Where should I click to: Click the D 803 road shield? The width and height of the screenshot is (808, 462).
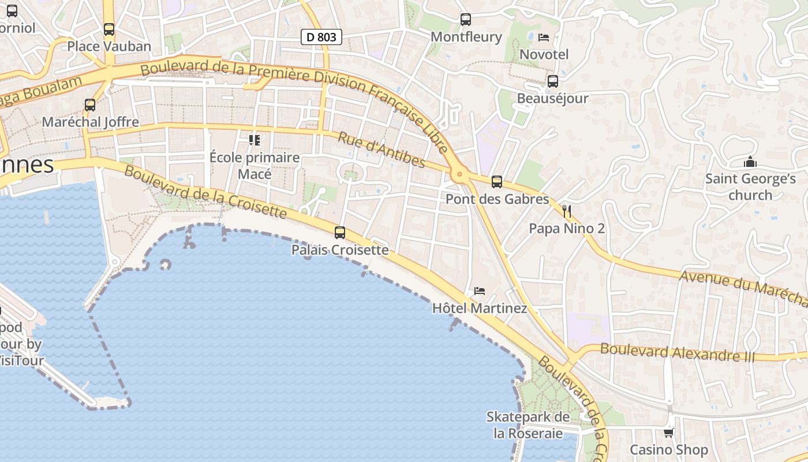321,38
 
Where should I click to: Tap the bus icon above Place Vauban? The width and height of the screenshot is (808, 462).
109,29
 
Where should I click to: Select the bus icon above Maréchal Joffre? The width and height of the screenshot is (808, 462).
90,105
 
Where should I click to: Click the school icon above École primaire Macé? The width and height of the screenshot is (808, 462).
254,140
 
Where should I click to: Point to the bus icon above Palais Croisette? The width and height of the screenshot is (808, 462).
340,233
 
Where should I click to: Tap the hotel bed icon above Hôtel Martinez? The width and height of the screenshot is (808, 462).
479,290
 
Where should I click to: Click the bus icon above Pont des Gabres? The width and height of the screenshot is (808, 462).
497,182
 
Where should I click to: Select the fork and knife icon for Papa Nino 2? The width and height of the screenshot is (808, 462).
567,211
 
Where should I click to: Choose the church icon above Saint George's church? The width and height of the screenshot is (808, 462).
750,162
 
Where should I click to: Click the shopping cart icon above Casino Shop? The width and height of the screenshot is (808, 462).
668,432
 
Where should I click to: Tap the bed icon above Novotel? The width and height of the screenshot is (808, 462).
544,38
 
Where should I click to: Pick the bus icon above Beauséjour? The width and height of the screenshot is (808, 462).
553,81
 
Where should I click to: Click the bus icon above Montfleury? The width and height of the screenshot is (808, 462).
466,20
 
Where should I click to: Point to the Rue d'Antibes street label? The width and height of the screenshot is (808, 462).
381,150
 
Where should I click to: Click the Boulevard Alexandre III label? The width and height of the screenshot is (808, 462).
678,352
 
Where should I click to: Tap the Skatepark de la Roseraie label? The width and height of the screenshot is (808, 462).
528,424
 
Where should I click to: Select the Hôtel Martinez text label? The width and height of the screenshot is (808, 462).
480,308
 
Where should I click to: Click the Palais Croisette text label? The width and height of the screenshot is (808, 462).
340,250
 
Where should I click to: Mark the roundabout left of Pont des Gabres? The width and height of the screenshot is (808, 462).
459,174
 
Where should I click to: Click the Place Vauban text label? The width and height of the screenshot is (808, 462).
109,46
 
